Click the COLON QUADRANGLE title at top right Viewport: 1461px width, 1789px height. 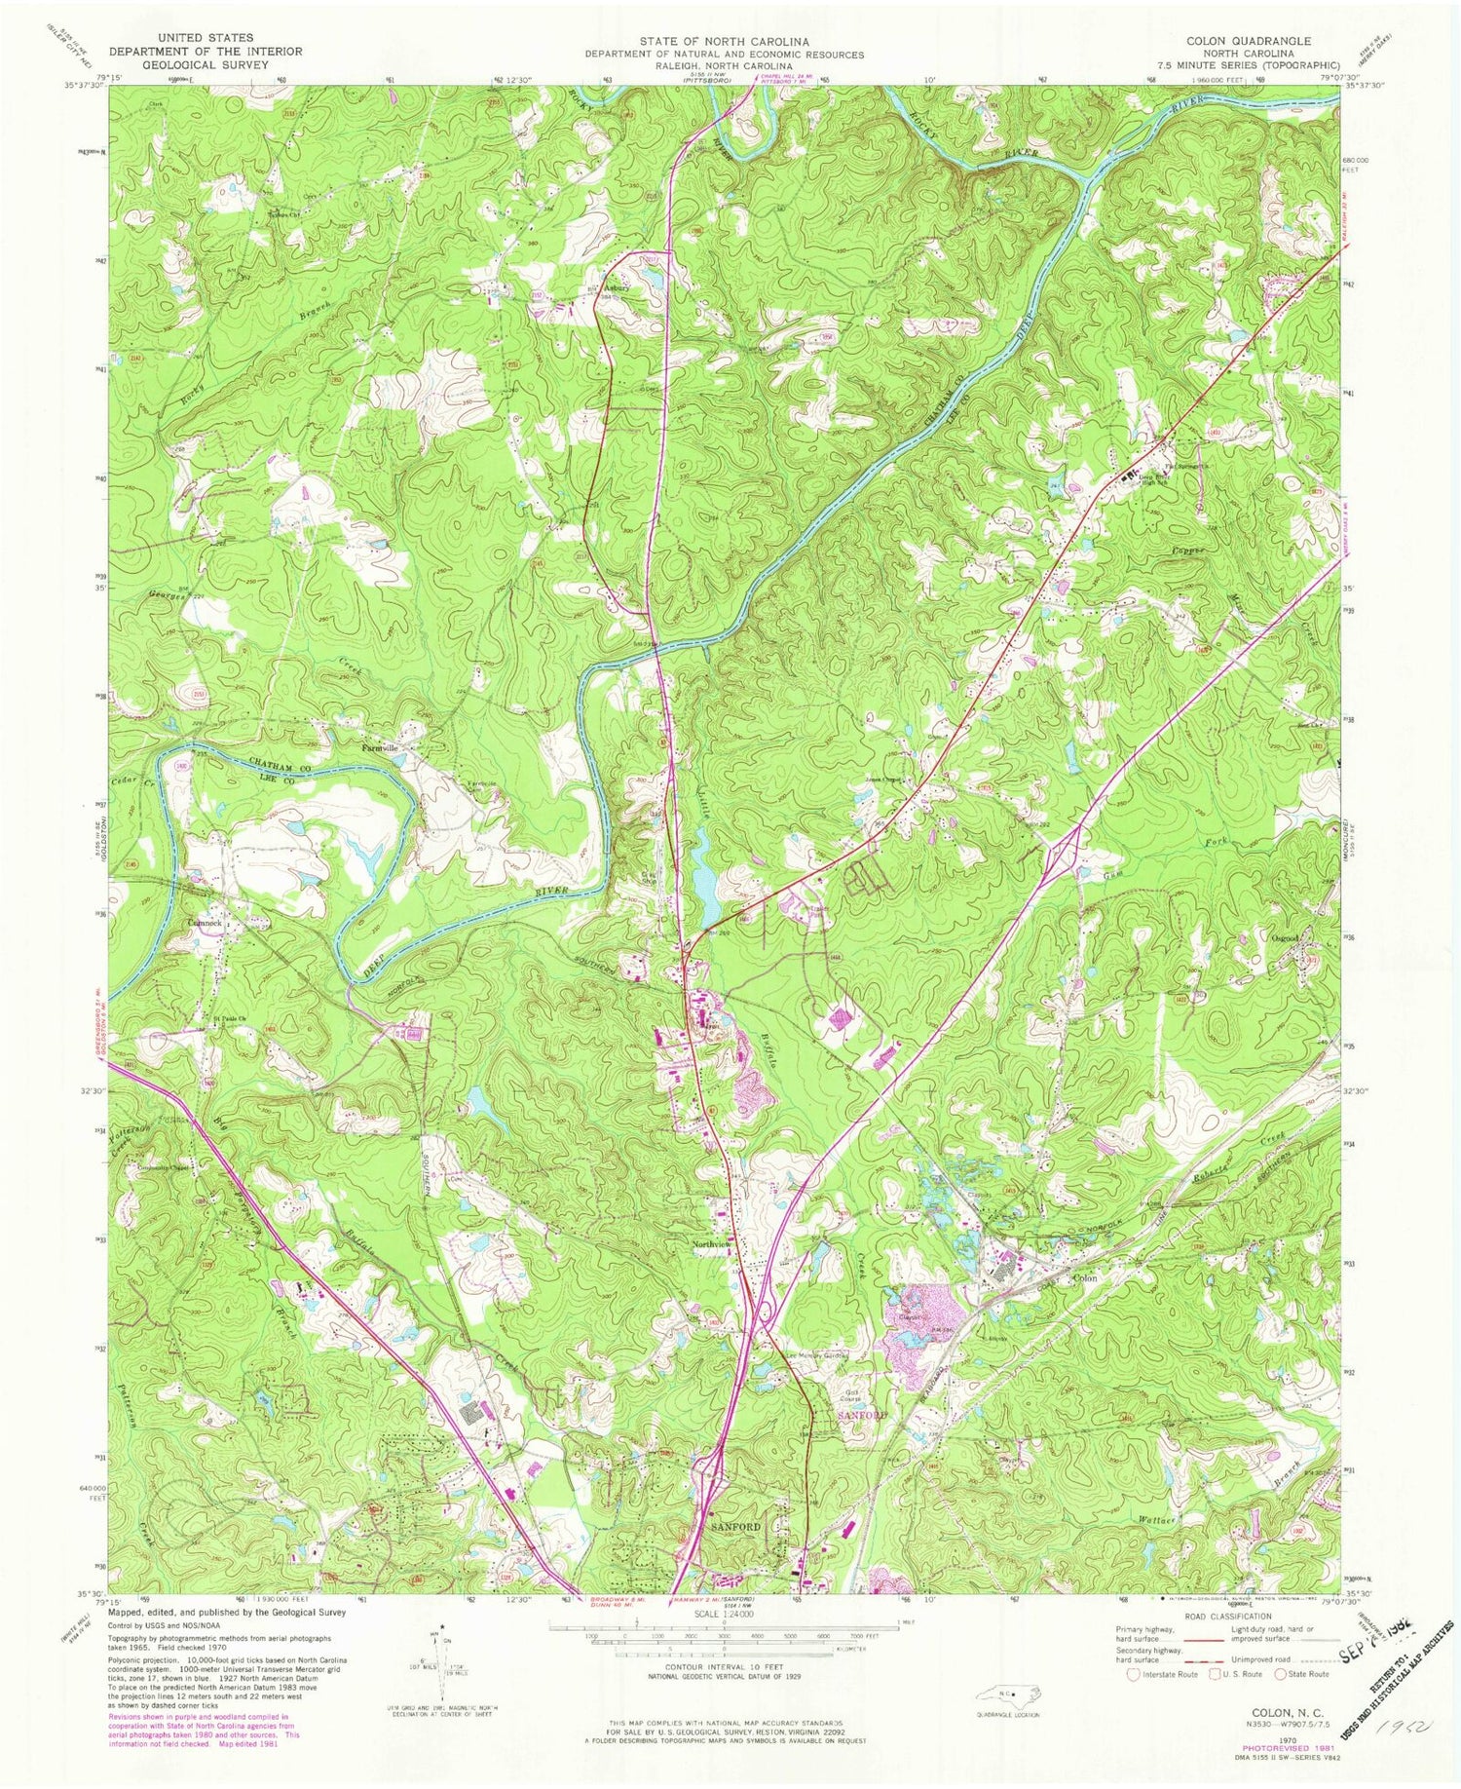[1248, 41]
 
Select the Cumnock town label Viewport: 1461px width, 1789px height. [205, 922]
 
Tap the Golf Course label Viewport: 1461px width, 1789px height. [843, 1383]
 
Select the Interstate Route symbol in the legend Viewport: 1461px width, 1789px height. [1134, 1674]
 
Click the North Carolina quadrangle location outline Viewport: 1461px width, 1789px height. [1008, 1694]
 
